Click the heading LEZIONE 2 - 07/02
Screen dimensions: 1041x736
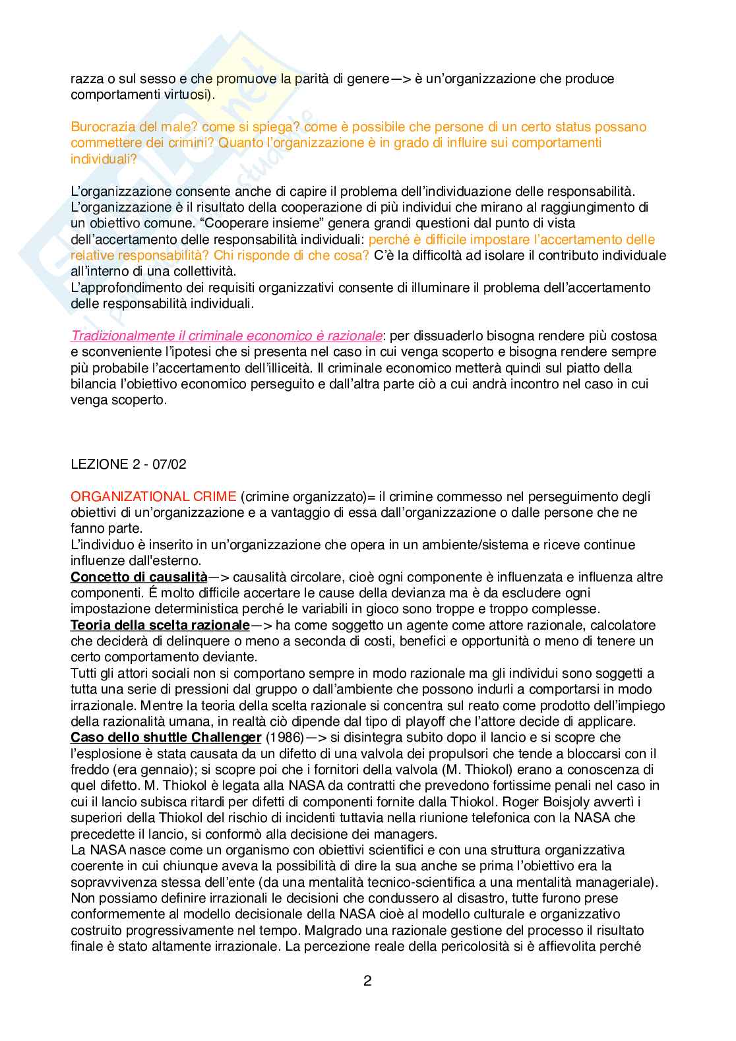pos(128,464)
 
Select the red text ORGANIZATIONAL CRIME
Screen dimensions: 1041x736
pos(153,496)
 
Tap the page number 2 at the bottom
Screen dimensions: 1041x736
pos(367,980)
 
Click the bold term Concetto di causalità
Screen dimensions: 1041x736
pos(138,577)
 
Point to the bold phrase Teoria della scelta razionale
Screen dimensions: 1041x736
pos(160,625)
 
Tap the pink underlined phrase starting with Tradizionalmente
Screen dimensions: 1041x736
pos(226,336)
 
